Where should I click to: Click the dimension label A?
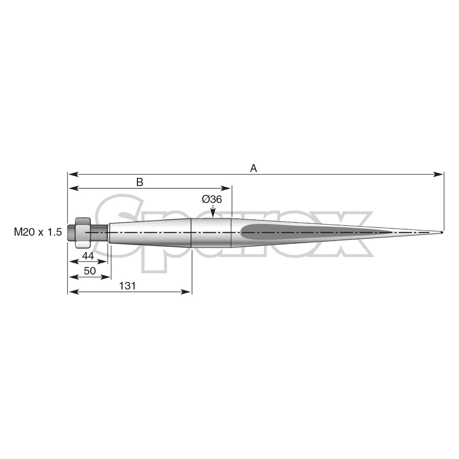tap(254, 168)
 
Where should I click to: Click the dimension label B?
tap(140, 182)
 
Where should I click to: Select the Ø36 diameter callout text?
tap(212, 199)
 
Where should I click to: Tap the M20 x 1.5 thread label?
tap(38, 233)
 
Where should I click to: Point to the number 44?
tap(88, 256)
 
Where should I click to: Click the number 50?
tap(90, 271)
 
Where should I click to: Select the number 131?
tap(127, 286)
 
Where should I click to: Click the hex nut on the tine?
tap(83, 232)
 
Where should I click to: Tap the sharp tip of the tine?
tap(442, 232)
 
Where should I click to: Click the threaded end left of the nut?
tap(71, 232)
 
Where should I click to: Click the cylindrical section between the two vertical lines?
tap(211, 232)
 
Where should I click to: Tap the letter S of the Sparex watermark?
tap(121, 234)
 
